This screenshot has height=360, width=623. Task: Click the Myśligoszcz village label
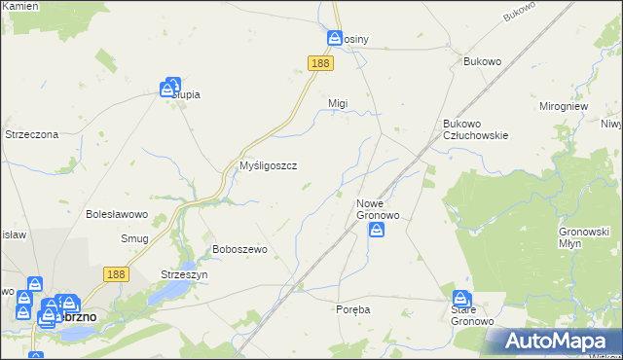268,165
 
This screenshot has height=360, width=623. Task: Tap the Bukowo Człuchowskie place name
476,129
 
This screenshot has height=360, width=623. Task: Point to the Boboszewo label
239,249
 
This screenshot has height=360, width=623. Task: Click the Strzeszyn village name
185,275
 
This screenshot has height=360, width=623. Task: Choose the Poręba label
352,309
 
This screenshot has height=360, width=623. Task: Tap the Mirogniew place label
566,105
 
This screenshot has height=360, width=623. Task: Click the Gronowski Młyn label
584,238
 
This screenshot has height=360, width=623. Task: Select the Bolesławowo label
116,213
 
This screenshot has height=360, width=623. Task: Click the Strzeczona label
32,134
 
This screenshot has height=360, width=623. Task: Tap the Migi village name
338,103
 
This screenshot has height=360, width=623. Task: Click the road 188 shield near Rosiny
320,62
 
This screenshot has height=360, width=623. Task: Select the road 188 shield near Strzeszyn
117,275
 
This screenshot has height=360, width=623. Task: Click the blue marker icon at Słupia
172,87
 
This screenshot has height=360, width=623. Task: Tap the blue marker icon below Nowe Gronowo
377,230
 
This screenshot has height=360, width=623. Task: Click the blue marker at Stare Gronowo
461,298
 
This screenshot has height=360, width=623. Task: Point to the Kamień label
20,6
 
